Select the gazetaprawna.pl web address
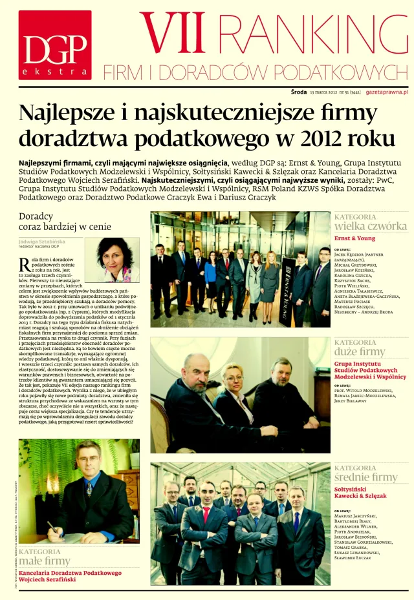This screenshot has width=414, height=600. pyautogui.click(x=386, y=93)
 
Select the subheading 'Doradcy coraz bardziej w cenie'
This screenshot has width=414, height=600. pyautogui.click(x=56, y=222)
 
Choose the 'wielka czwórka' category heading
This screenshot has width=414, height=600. pyautogui.click(x=371, y=226)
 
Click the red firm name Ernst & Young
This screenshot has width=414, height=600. pyautogui.click(x=354, y=238)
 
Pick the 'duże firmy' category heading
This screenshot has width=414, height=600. pyautogui.click(x=360, y=352)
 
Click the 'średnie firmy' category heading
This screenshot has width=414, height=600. pyautogui.click(x=365, y=477)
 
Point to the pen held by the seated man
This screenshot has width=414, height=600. pyautogui.click(x=54, y=526)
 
